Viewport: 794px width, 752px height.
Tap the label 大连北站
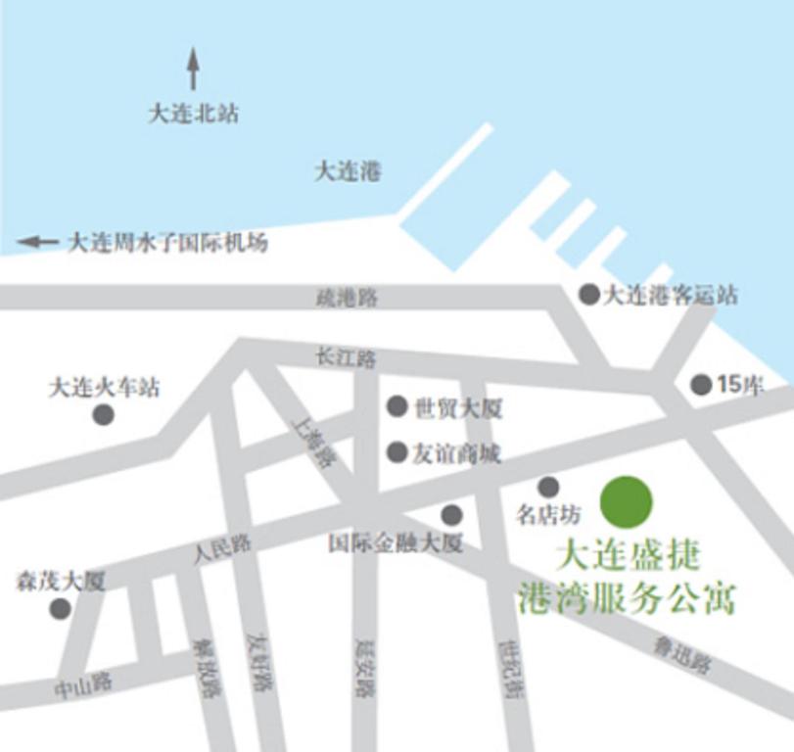[193, 114]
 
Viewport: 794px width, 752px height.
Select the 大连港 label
[347, 171]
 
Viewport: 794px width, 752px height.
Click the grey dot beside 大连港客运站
[589, 294]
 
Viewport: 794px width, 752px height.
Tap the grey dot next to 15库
[701, 385]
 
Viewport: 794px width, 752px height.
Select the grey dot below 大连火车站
[103, 415]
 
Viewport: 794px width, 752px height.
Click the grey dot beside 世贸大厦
[397, 406]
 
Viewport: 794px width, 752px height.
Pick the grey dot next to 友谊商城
[397, 452]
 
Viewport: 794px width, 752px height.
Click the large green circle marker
[626, 501]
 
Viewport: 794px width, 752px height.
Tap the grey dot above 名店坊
[548, 487]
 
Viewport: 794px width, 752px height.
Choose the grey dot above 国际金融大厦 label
[451, 515]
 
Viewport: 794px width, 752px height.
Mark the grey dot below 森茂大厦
[60, 609]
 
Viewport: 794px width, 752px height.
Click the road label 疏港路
[347, 298]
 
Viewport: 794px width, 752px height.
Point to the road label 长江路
[346, 358]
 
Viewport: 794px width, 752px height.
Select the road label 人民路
[222, 548]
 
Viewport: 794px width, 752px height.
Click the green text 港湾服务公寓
[626, 596]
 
